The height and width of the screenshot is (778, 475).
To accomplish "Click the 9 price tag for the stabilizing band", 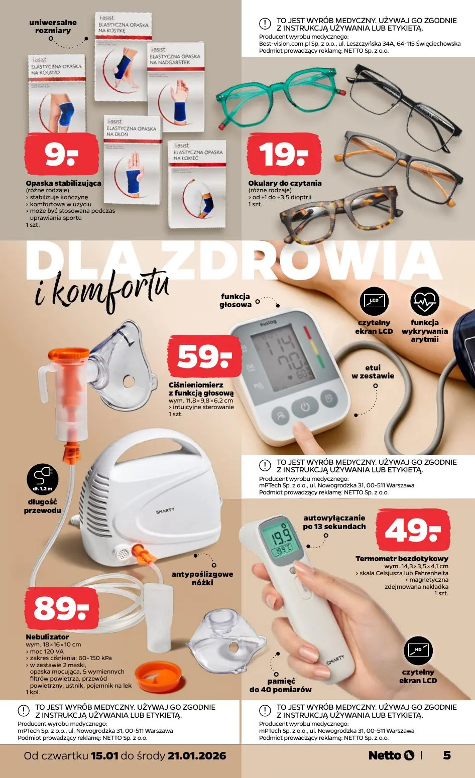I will coord(61,155).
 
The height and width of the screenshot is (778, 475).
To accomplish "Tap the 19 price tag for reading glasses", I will coord(284,155).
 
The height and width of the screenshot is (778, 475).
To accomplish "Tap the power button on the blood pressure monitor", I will coord(305,406).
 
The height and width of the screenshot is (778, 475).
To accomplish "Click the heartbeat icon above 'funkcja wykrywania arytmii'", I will coord(424,301).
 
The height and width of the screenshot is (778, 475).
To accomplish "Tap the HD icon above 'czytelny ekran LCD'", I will coord(418,650).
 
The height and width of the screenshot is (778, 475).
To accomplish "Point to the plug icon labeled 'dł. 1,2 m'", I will coord(43,479).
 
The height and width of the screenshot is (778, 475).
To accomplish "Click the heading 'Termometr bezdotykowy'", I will coord(402,559).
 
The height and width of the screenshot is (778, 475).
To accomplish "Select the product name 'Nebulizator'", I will coord(47,636).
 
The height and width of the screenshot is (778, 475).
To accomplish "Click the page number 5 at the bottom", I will coord(446,755).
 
